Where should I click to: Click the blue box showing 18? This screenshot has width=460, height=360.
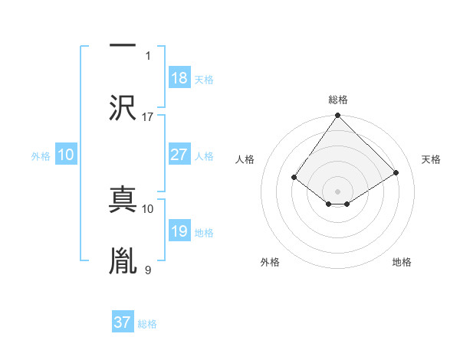point(179,77)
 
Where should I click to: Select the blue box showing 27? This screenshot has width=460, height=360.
point(179,155)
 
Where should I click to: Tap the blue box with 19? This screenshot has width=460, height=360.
point(179,231)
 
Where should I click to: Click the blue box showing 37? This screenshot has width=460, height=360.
point(123,322)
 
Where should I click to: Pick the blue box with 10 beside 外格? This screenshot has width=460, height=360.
point(66,155)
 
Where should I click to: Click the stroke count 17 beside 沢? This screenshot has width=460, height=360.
point(148,117)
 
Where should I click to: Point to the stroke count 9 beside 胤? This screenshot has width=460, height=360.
point(148,270)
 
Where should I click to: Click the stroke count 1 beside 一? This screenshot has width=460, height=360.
point(148,55)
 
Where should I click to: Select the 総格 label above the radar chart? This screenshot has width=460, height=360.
point(338,100)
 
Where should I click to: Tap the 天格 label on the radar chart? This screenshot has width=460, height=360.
point(431,159)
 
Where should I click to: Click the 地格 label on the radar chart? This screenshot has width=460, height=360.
point(402,262)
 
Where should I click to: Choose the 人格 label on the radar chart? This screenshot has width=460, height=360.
point(245,159)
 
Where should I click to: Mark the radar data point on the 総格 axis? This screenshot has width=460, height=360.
point(337,116)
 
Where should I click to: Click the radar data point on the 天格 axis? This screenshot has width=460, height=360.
point(396,172)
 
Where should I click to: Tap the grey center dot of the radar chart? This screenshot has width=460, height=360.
point(337,191)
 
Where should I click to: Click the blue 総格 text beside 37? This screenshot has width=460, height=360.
point(147,323)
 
